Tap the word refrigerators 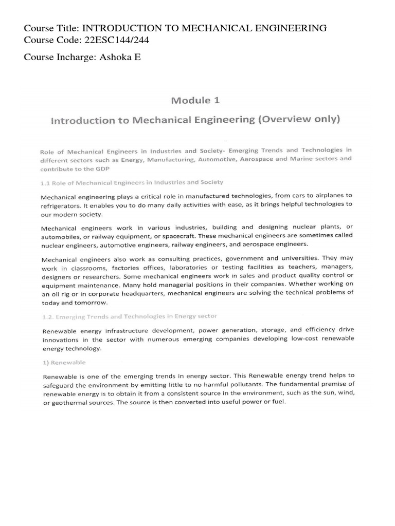click(x=62, y=204)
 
